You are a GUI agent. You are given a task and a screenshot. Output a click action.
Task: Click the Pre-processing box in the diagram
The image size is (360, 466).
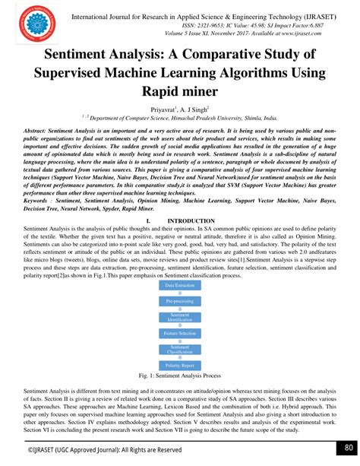(180, 300)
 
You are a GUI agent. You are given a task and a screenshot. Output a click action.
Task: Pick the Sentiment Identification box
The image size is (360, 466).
(180, 316)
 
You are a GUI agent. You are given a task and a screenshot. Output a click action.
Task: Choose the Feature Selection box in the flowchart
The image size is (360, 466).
(180, 333)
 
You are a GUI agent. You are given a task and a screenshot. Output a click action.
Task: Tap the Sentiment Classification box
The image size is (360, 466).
(180, 350)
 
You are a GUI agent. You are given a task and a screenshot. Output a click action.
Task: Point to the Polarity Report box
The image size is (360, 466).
(180, 366)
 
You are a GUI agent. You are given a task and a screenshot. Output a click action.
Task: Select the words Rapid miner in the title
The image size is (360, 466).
(180, 92)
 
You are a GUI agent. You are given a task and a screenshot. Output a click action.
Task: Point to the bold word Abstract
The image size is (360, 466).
(40, 132)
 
